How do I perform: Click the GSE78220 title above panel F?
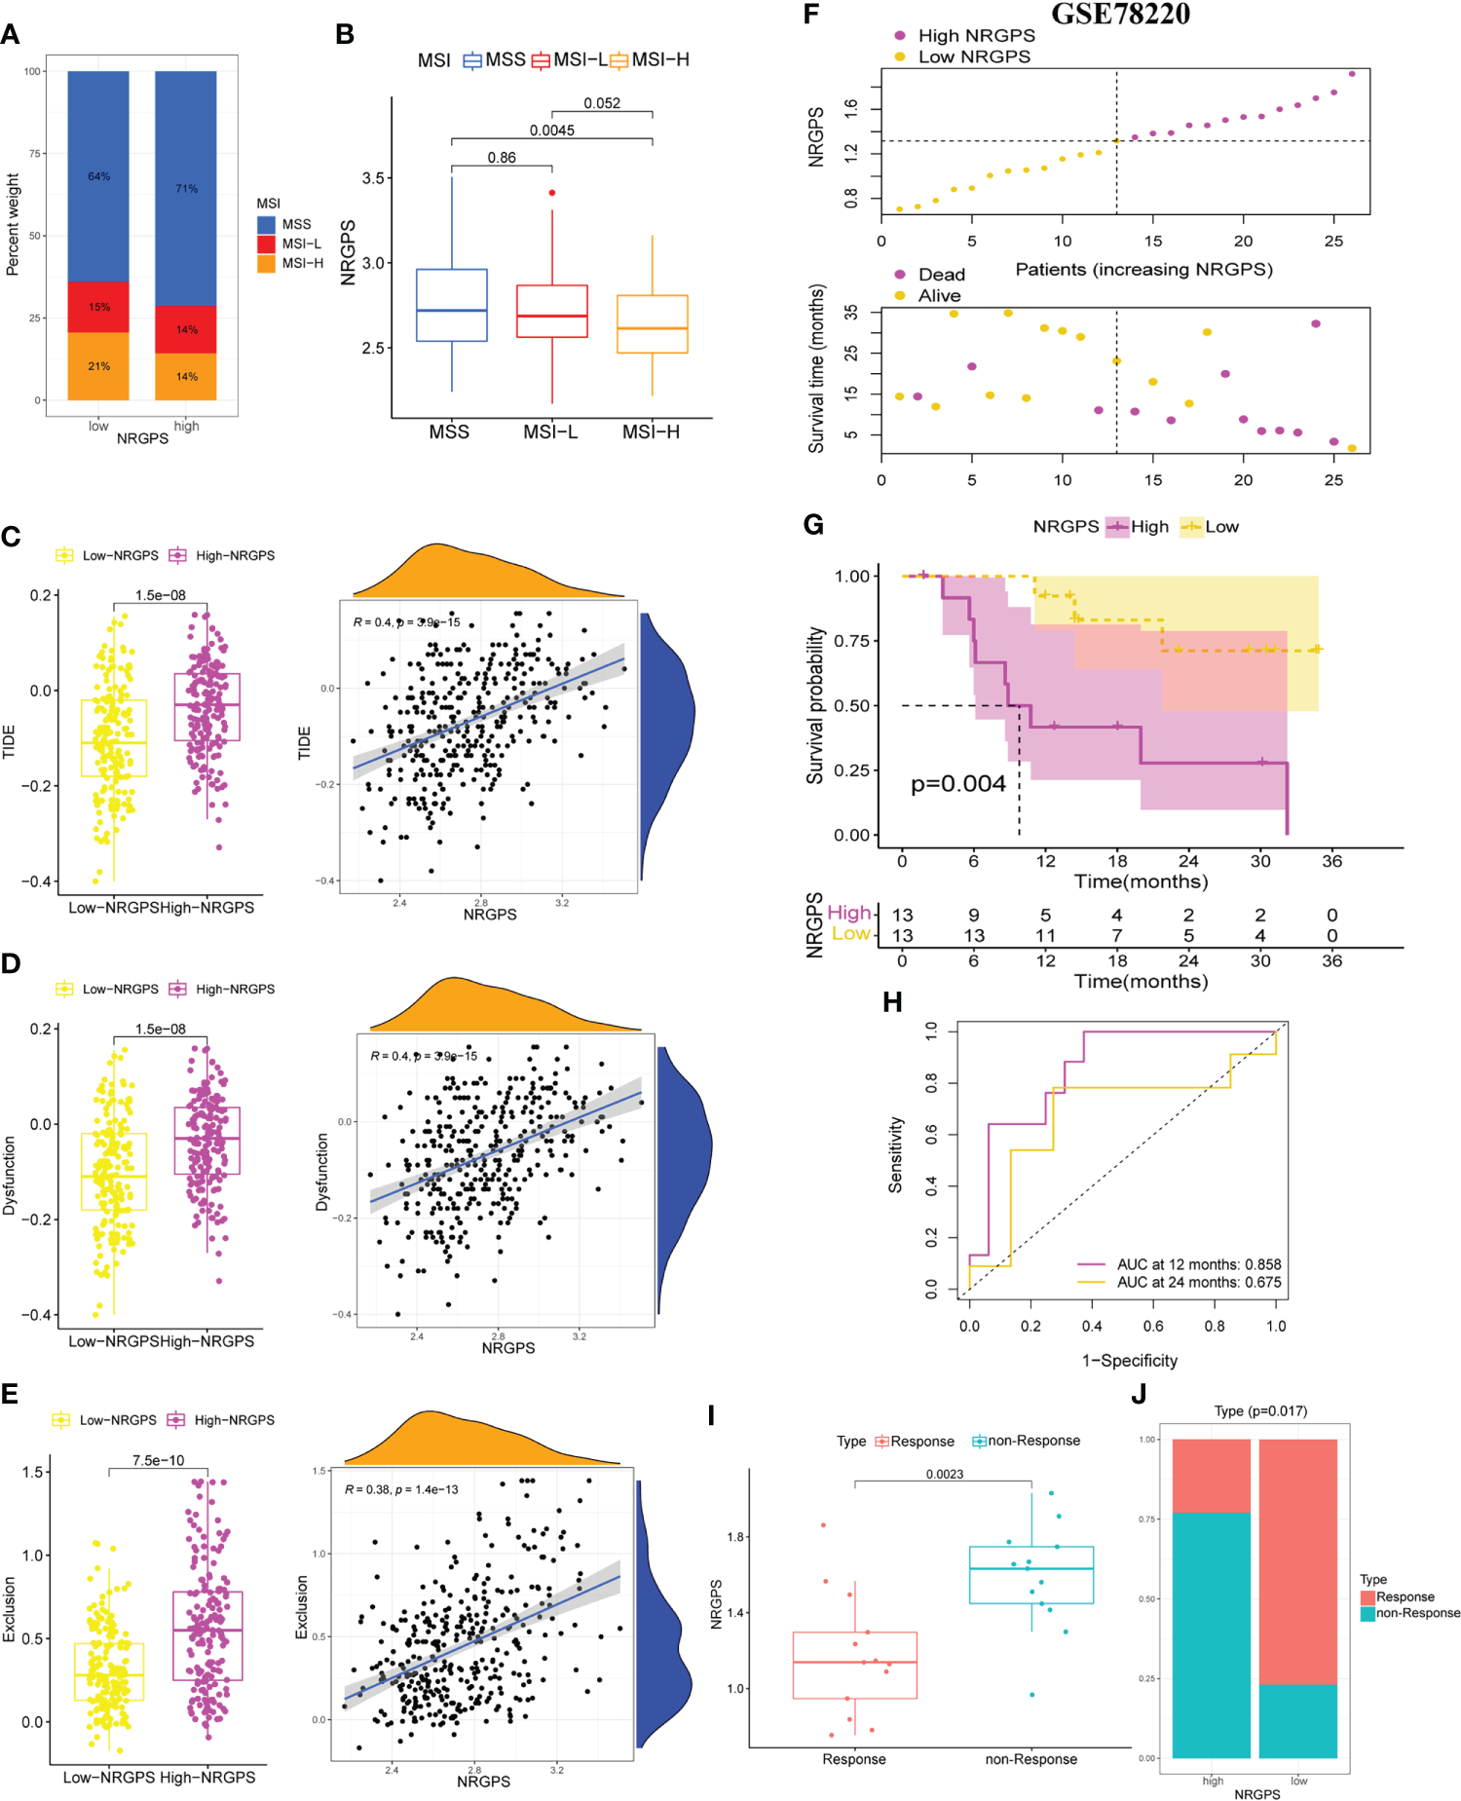tap(1120, 15)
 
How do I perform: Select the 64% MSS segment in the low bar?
tap(98, 176)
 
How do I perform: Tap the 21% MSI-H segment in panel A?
tap(98, 366)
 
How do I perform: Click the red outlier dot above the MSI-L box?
tap(552, 193)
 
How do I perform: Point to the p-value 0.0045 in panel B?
tap(551, 131)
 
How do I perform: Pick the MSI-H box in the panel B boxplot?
tap(652, 323)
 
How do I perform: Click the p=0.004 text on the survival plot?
tap(957, 784)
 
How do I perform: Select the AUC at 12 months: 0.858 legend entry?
tap(1198, 1264)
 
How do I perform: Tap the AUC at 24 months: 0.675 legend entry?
tap(1198, 1282)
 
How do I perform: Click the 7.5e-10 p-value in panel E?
tap(158, 1460)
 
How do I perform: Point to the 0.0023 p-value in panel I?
tap(944, 1474)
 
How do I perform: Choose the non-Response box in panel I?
tap(1031, 1575)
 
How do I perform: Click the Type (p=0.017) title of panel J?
tap(1260, 1410)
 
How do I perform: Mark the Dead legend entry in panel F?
tap(940, 275)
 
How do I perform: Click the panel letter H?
tap(891, 1002)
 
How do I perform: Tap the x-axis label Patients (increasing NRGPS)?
tap(1143, 269)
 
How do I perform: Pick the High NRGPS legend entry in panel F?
tap(976, 35)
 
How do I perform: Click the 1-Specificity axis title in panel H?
tap(1129, 1360)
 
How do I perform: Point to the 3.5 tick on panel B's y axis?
tap(373, 178)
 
